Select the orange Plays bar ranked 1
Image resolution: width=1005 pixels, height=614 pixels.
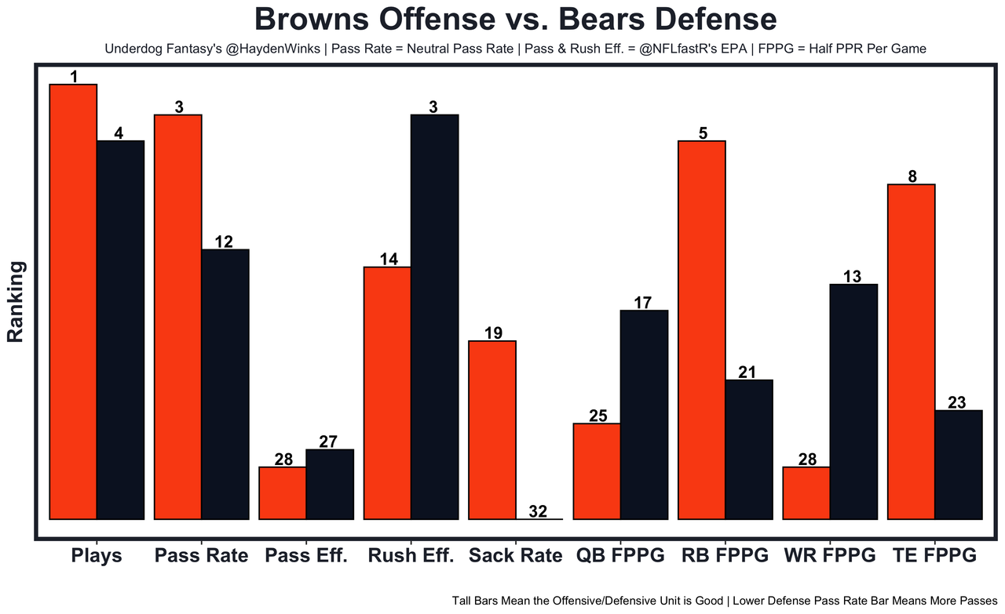point(73,301)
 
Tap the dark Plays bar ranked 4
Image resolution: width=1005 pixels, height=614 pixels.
point(121,329)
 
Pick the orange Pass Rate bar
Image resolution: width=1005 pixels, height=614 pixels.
point(178,317)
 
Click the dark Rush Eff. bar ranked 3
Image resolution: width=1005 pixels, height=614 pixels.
point(435,317)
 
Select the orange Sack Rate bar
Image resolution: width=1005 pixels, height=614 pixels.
point(492,430)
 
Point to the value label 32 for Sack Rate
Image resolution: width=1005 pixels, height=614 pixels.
point(538,511)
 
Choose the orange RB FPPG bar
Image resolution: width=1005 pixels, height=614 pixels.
point(702,329)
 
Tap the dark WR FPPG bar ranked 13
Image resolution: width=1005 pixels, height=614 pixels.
point(853,401)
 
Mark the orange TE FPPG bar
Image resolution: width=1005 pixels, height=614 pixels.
point(911,351)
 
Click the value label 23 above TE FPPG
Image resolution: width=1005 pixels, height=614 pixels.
point(957,402)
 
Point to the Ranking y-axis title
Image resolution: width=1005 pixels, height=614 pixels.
point(16,302)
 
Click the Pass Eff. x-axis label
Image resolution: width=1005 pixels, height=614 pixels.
point(306,556)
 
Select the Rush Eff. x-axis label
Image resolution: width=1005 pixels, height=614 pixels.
point(411,556)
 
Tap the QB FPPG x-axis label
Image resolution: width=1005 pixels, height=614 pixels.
point(620,556)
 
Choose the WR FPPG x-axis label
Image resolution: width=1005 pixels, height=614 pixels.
point(830,556)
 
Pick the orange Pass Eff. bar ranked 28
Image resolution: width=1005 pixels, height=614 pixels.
point(283,492)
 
